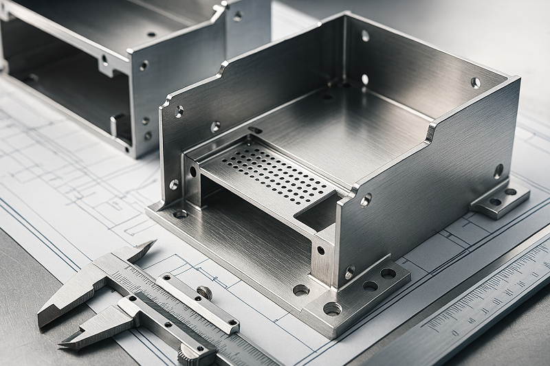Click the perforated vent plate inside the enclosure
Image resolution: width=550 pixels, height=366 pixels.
[272, 175]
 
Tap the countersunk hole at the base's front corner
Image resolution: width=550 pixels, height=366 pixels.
[332, 308]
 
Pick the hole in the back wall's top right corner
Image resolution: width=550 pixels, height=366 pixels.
[475, 82]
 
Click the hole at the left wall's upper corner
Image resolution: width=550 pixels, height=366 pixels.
[179, 111]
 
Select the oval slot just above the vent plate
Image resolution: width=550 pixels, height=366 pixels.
[255, 130]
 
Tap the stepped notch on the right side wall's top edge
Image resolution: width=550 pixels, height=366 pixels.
[430, 130]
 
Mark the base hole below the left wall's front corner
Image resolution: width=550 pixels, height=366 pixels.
[180, 214]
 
